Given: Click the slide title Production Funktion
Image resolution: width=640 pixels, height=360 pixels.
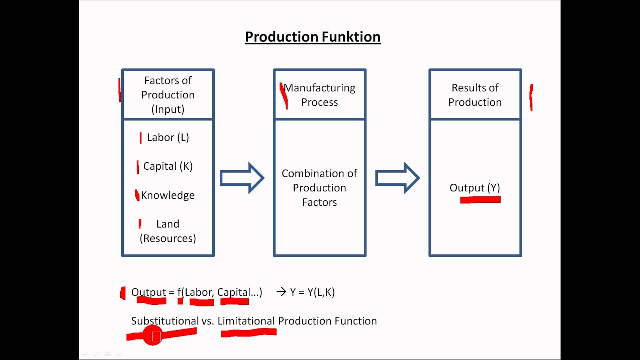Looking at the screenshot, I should pyautogui.click(x=312, y=37).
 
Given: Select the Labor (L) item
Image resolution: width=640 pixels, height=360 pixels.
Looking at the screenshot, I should pyautogui.click(x=168, y=138).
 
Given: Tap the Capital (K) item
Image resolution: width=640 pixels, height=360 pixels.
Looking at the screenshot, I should pyautogui.click(x=168, y=166).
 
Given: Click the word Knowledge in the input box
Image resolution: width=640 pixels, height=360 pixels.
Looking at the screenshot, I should pyautogui.click(x=168, y=195).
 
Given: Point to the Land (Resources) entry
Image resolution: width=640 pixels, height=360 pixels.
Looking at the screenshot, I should pyautogui.click(x=168, y=231).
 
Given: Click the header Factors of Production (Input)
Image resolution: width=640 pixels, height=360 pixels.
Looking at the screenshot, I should pyautogui.click(x=168, y=95).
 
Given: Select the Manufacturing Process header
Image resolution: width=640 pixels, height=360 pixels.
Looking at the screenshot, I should pyautogui.click(x=319, y=95).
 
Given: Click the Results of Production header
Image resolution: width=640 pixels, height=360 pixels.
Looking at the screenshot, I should pyautogui.click(x=475, y=95).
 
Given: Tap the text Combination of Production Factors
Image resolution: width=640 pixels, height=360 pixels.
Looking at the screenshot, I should pyautogui.click(x=319, y=188).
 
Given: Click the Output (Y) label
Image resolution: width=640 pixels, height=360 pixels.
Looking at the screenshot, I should pyautogui.click(x=475, y=188).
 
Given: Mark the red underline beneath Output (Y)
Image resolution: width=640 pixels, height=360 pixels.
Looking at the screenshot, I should pyautogui.click(x=480, y=200).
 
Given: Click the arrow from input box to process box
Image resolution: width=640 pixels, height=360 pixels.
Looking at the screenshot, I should pyautogui.click(x=242, y=178).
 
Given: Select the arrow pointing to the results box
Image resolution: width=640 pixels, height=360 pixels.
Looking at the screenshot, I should pyautogui.click(x=397, y=178).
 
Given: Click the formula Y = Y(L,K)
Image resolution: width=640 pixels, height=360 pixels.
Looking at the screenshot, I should pyautogui.click(x=312, y=292).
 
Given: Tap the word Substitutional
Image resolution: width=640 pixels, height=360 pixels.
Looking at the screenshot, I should pyautogui.click(x=164, y=321).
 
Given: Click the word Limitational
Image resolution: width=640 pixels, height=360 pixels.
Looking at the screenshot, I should pyautogui.click(x=246, y=321).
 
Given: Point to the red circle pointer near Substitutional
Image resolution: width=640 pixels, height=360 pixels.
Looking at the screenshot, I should pyautogui.click(x=153, y=336).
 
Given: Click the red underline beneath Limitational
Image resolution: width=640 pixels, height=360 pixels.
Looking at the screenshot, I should pyautogui.click(x=248, y=333).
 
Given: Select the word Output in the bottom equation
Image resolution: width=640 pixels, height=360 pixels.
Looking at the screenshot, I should pyautogui.click(x=148, y=292).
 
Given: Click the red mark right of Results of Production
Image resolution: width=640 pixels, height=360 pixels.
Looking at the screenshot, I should pyautogui.click(x=531, y=97).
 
